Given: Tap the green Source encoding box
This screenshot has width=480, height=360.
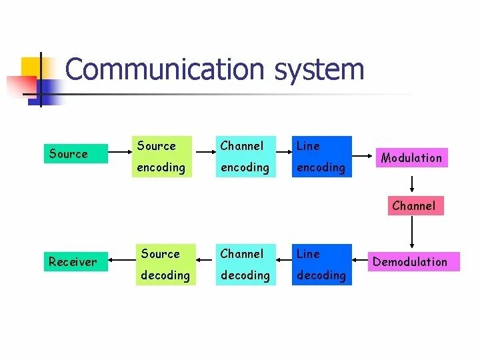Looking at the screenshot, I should (x=162, y=157).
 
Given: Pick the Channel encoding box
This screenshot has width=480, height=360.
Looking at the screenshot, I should (x=244, y=157).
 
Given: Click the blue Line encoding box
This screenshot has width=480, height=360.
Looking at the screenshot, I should (x=322, y=157).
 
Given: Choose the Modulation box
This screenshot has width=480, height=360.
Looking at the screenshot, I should (x=411, y=158).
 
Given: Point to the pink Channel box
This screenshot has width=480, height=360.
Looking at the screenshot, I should (x=413, y=206).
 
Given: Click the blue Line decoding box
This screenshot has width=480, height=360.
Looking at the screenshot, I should (x=322, y=265).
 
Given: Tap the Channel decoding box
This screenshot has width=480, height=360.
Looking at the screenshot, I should (x=244, y=265).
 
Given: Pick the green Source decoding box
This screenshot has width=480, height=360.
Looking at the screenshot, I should (x=165, y=265).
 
